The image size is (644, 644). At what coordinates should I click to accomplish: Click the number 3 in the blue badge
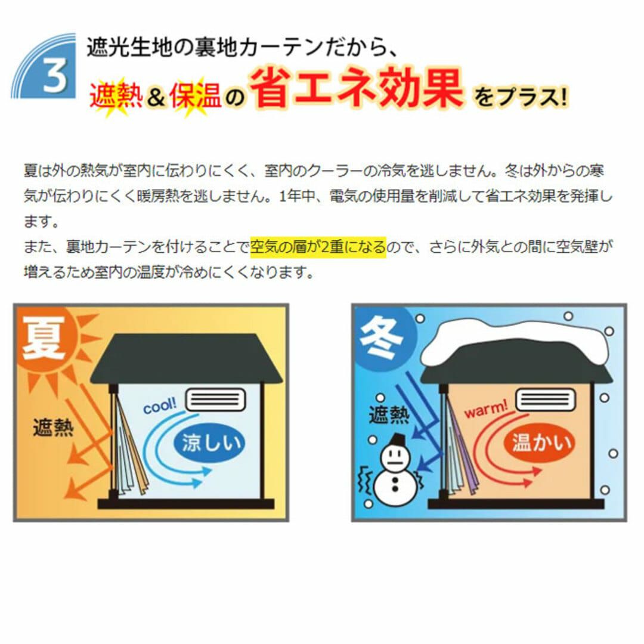(55, 75)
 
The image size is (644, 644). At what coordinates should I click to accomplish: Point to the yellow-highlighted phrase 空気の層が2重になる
(318, 246)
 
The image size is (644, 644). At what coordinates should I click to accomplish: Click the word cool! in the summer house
(160, 406)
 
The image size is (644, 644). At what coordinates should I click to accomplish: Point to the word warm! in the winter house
(486, 408)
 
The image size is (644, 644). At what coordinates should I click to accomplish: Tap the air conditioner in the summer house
(216, 399)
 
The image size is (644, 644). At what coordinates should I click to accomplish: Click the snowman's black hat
(397, 439)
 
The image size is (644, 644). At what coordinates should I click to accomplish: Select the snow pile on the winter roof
(515, 342)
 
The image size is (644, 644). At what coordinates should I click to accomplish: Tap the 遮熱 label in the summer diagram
(53, 428)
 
